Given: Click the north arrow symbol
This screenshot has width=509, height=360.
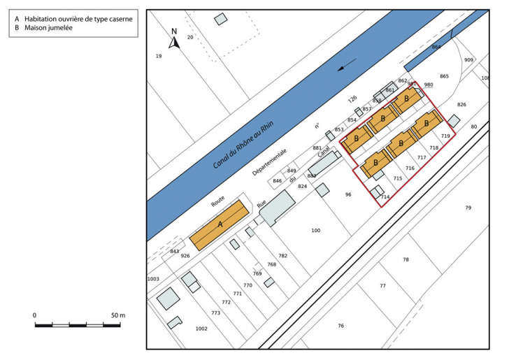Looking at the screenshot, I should tap(175, 40).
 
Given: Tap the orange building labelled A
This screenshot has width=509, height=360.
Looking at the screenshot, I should tap(220, 224).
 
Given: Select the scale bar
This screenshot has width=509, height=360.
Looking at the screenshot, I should tap(79, 325).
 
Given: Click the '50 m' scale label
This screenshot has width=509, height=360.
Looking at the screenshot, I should tap(118, 315).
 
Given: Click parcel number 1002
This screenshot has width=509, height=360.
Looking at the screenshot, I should tap(201, 328).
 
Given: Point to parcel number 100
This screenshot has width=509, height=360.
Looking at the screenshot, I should tap(315, 231).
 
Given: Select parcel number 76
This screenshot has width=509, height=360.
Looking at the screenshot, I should tap(340, 326).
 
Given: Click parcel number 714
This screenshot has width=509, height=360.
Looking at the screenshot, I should tap(385, 197).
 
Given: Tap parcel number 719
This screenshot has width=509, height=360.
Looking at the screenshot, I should tap(445, 136).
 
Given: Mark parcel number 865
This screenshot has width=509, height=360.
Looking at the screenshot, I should tap(444, 76).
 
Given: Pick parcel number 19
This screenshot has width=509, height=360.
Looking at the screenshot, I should tap(159, 56).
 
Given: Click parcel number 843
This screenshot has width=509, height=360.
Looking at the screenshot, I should tap(175, 252).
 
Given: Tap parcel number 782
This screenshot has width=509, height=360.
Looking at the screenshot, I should tap(282, 256).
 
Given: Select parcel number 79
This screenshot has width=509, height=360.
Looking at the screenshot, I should tap(468, 208).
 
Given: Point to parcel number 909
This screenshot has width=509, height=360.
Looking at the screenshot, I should tap(468, 60).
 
